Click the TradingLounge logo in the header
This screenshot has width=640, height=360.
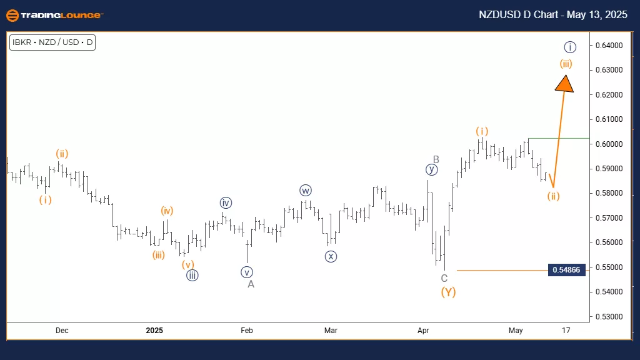[x=54, y=15]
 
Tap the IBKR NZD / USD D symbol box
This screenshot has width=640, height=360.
[x=52, y=43]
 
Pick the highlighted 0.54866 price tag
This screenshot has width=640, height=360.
[x=567, y=270]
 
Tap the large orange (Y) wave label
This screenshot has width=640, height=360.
[x=447, y=292]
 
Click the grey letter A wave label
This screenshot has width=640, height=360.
[x=251, y=284]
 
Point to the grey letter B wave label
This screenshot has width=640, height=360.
[x=436, y=159]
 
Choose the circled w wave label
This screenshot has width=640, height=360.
[x=305, y=190]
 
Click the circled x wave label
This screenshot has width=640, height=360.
[x=331, y=256]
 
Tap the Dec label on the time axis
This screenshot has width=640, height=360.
[x=62, y=330]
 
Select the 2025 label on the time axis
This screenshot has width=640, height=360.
[x=154, y=330]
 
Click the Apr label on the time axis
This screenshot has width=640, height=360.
[x=424, y=330]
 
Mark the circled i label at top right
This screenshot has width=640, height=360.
[x=569, y=47]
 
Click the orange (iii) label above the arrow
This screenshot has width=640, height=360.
[x=566, y=63]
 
